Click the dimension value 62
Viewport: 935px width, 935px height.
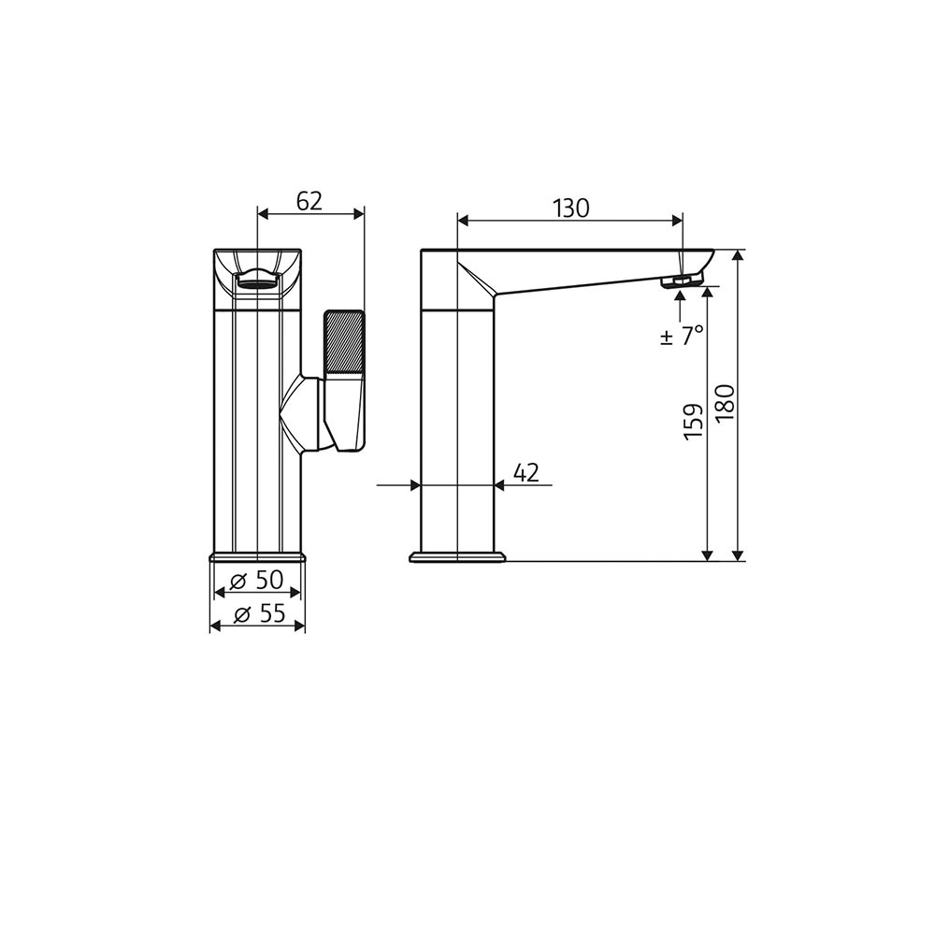click(x=309, y=201)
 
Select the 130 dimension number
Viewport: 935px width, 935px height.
click(x=570, y=209)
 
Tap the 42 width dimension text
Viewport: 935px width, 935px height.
click(x=526, y=473)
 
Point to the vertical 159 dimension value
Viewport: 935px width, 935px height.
click(x=693, y=423)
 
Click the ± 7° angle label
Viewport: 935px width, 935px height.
click(x=681, y=336)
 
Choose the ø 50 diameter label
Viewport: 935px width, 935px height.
click(x=257, y=580)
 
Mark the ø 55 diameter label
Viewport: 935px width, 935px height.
click(x=258, y=614)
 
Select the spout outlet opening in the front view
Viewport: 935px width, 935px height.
click(x=257, y=278)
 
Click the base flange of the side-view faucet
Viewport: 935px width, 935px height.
click(x=457, y=557)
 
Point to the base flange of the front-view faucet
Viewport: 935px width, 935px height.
click(x=257, y=556)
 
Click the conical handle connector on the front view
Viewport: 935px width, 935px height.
click(x=302, y=411)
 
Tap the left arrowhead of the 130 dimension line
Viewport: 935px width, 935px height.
click(x=463, y=222)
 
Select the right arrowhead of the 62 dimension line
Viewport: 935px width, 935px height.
click(x=358, y=214)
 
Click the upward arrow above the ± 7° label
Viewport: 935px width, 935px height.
click(x=680, y=296)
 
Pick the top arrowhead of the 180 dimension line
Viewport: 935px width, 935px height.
click(x=739, y=255)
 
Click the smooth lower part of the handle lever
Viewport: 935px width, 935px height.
click(x=343, y=411)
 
